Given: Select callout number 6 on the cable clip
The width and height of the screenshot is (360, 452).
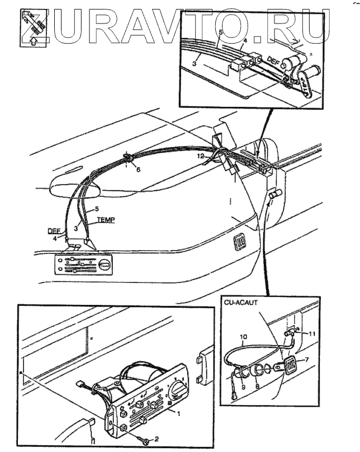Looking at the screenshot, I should click(x=138, y=169).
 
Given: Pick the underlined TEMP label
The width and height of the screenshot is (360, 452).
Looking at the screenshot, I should click(x=105, y=220).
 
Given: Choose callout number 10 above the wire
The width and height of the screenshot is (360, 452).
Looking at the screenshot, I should click(x=243, y=337).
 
